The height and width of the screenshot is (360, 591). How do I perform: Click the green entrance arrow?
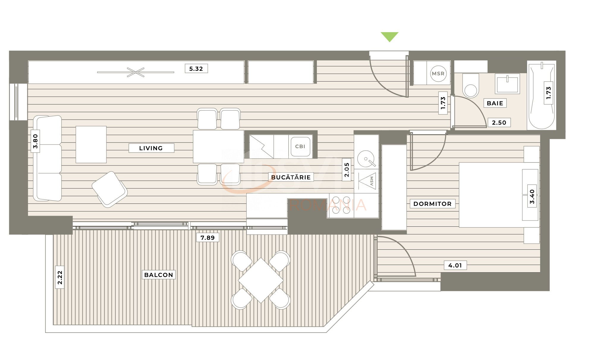pos(389,37)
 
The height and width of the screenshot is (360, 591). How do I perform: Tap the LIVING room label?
pos(151,148)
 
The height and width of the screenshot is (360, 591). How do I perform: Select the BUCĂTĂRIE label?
pos(291,177)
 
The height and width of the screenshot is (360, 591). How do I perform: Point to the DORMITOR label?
pos(432,204)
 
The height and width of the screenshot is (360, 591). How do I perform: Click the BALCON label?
pos(158,275)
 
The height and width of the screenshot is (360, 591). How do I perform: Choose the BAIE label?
pos(495,103)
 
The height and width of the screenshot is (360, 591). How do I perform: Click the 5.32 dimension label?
pos(196,69)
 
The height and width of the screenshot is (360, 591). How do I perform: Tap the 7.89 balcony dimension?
pos(208,238)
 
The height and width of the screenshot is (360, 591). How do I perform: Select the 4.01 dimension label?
pos(455,265)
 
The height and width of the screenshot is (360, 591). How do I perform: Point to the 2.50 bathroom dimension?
pos(499,123)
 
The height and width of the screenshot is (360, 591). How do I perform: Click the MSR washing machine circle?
pos(438,73)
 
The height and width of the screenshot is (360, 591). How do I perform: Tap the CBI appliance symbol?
pos(300,146)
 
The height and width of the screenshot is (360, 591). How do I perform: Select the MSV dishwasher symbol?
pos(367,181)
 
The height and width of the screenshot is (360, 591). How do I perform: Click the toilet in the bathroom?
pos(471,86)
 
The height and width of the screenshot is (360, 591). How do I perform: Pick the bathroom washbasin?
pos(507,84)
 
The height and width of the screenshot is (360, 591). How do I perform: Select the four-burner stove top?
pos(341,205)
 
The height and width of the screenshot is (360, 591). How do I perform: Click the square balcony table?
pos(261,280)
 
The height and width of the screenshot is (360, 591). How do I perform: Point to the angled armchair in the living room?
pos(109,189)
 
